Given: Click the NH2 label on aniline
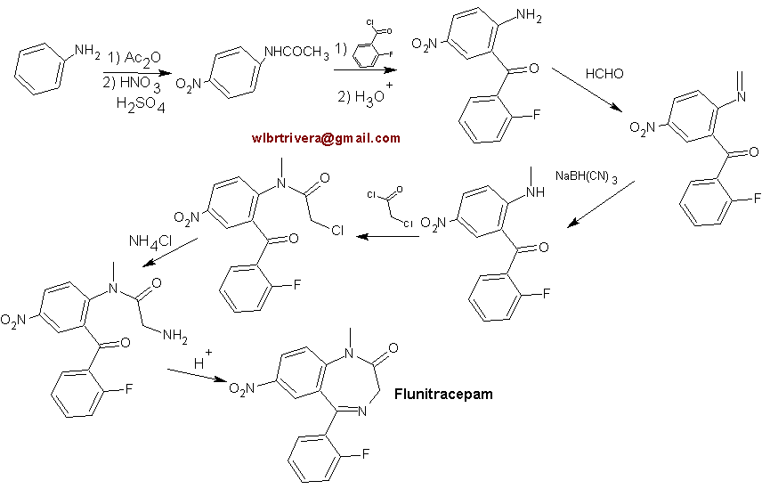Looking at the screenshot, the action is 87,52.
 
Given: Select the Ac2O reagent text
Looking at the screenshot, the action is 142,59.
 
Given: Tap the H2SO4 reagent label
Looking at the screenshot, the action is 141,104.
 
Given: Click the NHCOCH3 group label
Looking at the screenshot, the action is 296,53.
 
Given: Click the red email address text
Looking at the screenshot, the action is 326,138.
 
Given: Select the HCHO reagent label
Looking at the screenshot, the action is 604,74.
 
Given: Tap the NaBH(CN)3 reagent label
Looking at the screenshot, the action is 586,176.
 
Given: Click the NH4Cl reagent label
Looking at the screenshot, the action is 150,242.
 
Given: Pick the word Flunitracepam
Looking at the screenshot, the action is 443,394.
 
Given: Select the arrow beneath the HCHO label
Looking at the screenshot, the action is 587,90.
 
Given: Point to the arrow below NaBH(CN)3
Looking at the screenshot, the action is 601,204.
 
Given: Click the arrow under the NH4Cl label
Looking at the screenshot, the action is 170,252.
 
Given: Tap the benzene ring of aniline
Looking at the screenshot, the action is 39,69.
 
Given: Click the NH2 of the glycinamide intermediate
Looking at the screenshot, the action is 175,336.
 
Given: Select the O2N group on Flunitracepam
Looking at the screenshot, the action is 241,388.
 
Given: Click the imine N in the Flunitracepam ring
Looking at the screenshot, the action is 362,412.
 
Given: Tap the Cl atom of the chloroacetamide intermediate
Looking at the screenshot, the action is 337,230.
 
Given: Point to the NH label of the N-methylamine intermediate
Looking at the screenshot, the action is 536,192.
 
